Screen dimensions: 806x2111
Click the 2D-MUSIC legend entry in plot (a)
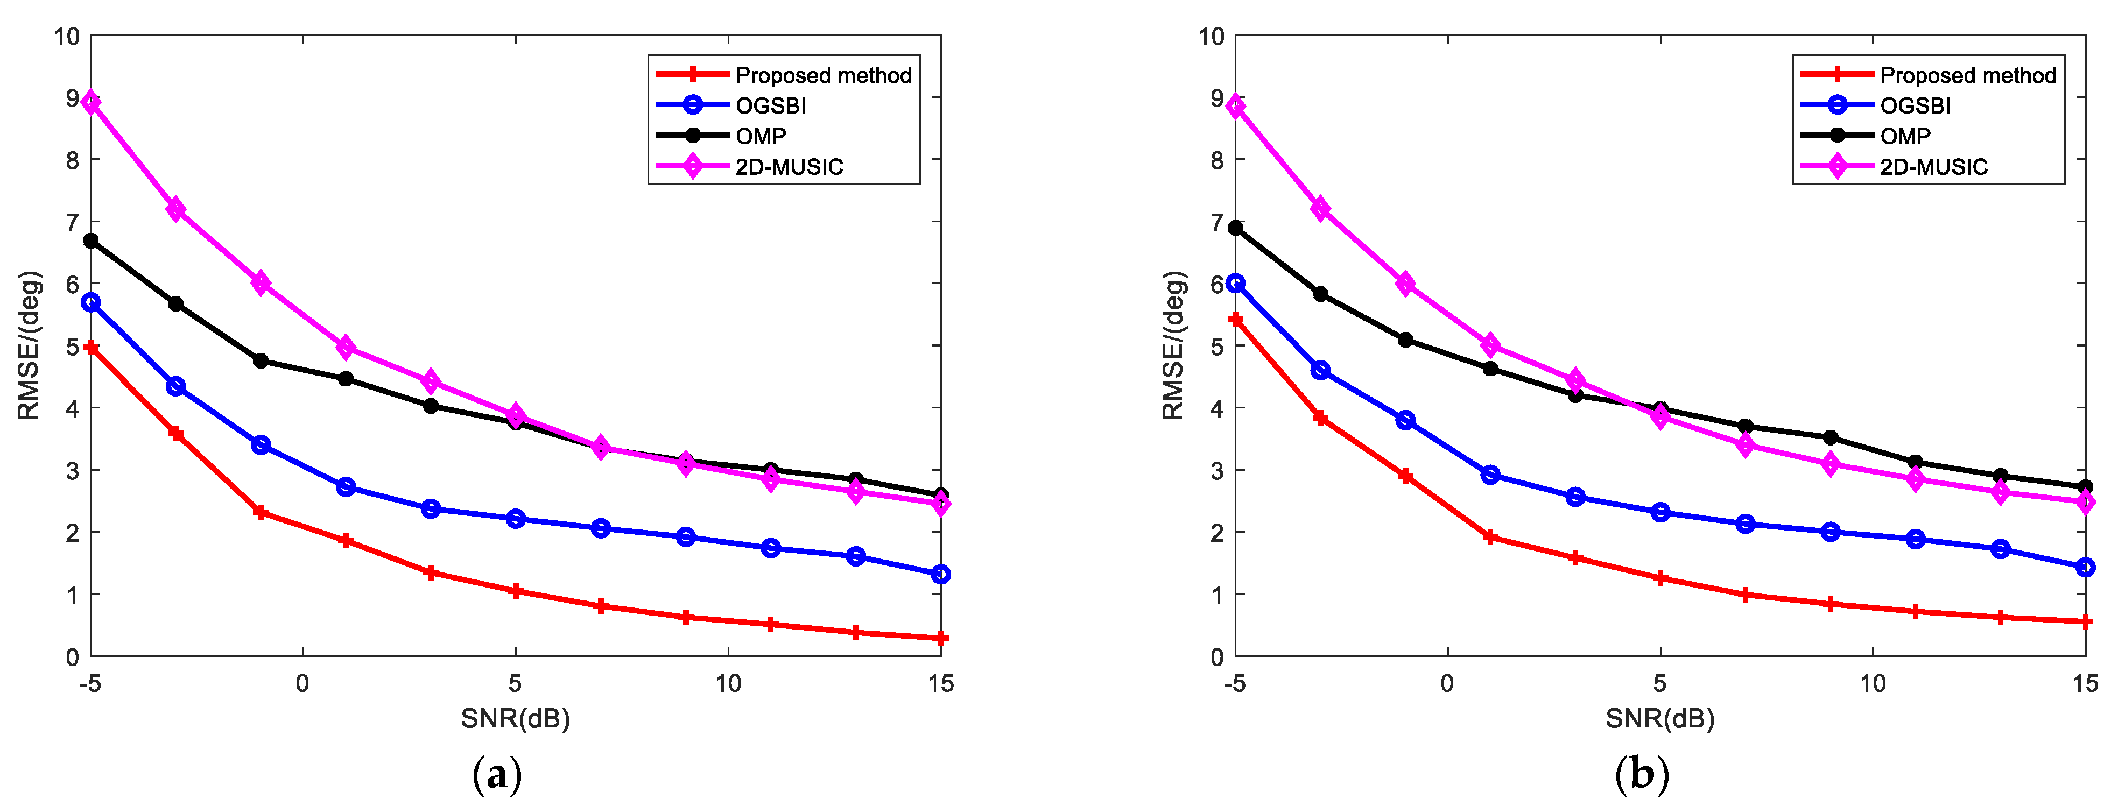(x=789, y=167)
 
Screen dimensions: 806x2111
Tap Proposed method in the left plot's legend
(x=823, y=75)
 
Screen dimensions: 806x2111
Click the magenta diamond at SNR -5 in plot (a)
(x=91, y=102)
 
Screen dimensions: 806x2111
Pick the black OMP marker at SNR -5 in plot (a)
(x=91, y=241)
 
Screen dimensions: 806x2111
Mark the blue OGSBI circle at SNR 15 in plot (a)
(x=941, y=574)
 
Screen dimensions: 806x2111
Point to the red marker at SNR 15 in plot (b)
(x=2086, y=621)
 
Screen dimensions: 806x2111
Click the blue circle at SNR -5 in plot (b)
(x=1236, y=284)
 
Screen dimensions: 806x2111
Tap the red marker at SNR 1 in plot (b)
(x=1490, y=538)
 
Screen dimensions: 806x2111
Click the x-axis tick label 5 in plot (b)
(x=1659, y=683)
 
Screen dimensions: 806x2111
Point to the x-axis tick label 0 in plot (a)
(x=302, y=683)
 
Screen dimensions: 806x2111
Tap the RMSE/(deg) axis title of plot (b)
(x=1173, y=345)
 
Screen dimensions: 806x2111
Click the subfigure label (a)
(x=497, y=774)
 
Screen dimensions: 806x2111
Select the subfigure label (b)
(x=1642, y=774)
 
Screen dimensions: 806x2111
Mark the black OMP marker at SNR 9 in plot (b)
(x=1830, y=437)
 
